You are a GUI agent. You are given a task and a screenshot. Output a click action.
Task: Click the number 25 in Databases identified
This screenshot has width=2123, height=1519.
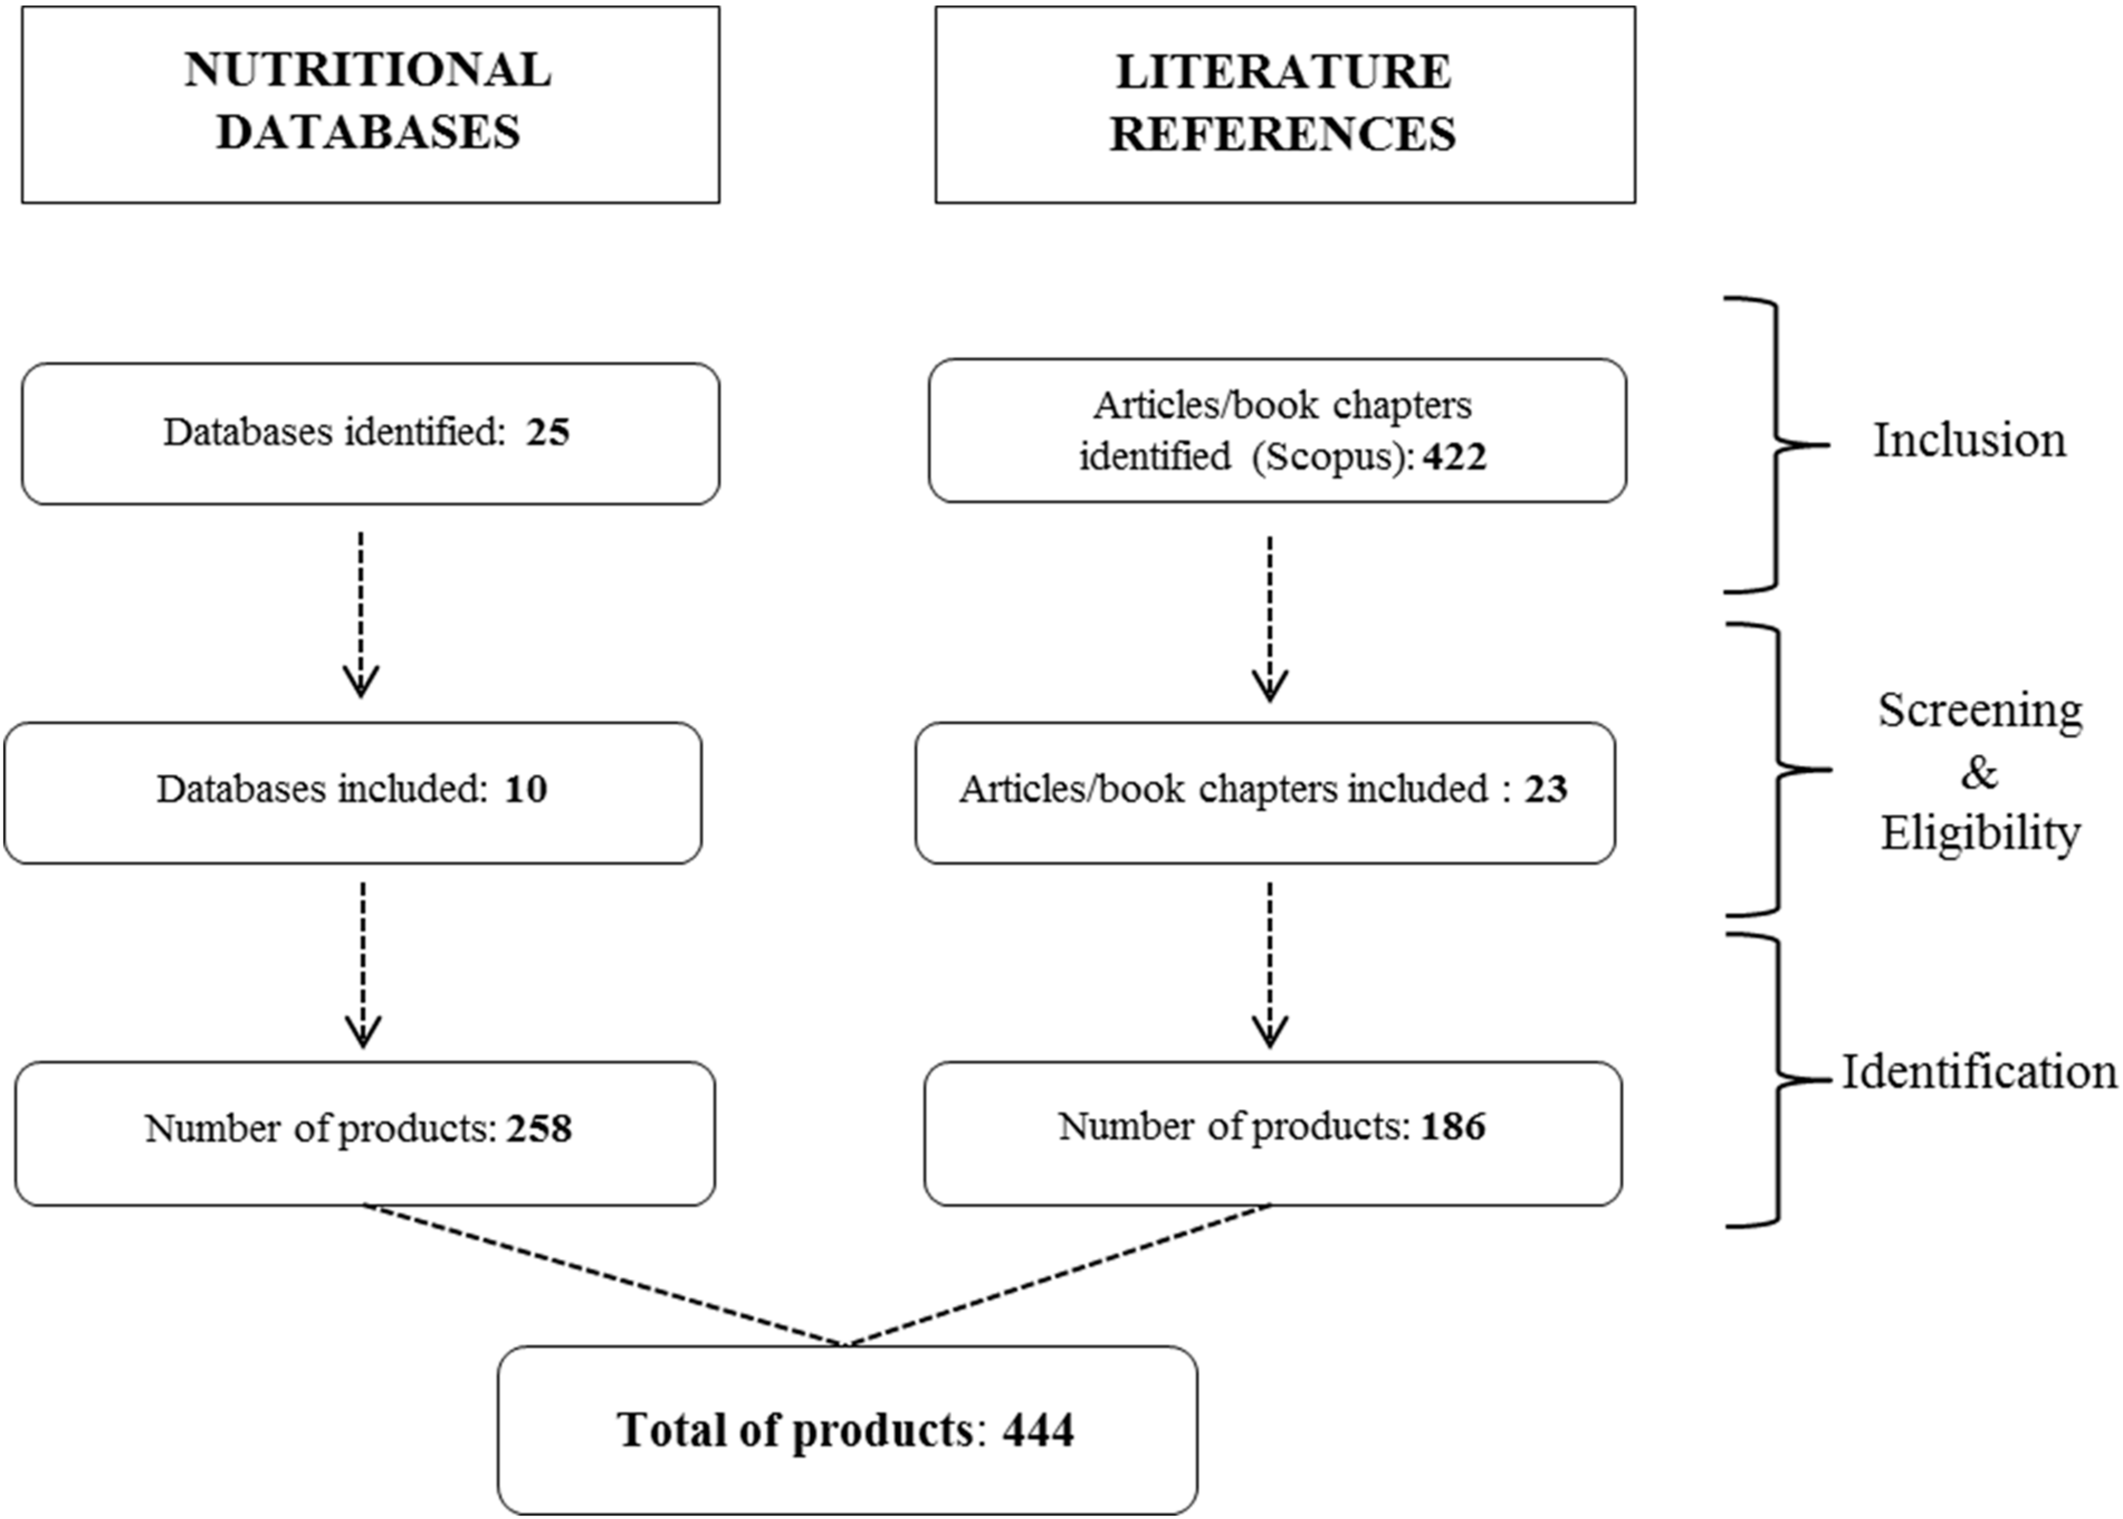tap(547, 432)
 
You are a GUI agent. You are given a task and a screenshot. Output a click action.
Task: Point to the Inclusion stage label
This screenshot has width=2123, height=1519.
tap(1969, 440)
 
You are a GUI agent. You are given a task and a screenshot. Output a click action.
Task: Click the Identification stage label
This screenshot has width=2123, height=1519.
tap(1979, 1072)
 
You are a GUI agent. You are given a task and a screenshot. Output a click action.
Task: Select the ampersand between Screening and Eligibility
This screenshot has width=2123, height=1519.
tap(1979, 772)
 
